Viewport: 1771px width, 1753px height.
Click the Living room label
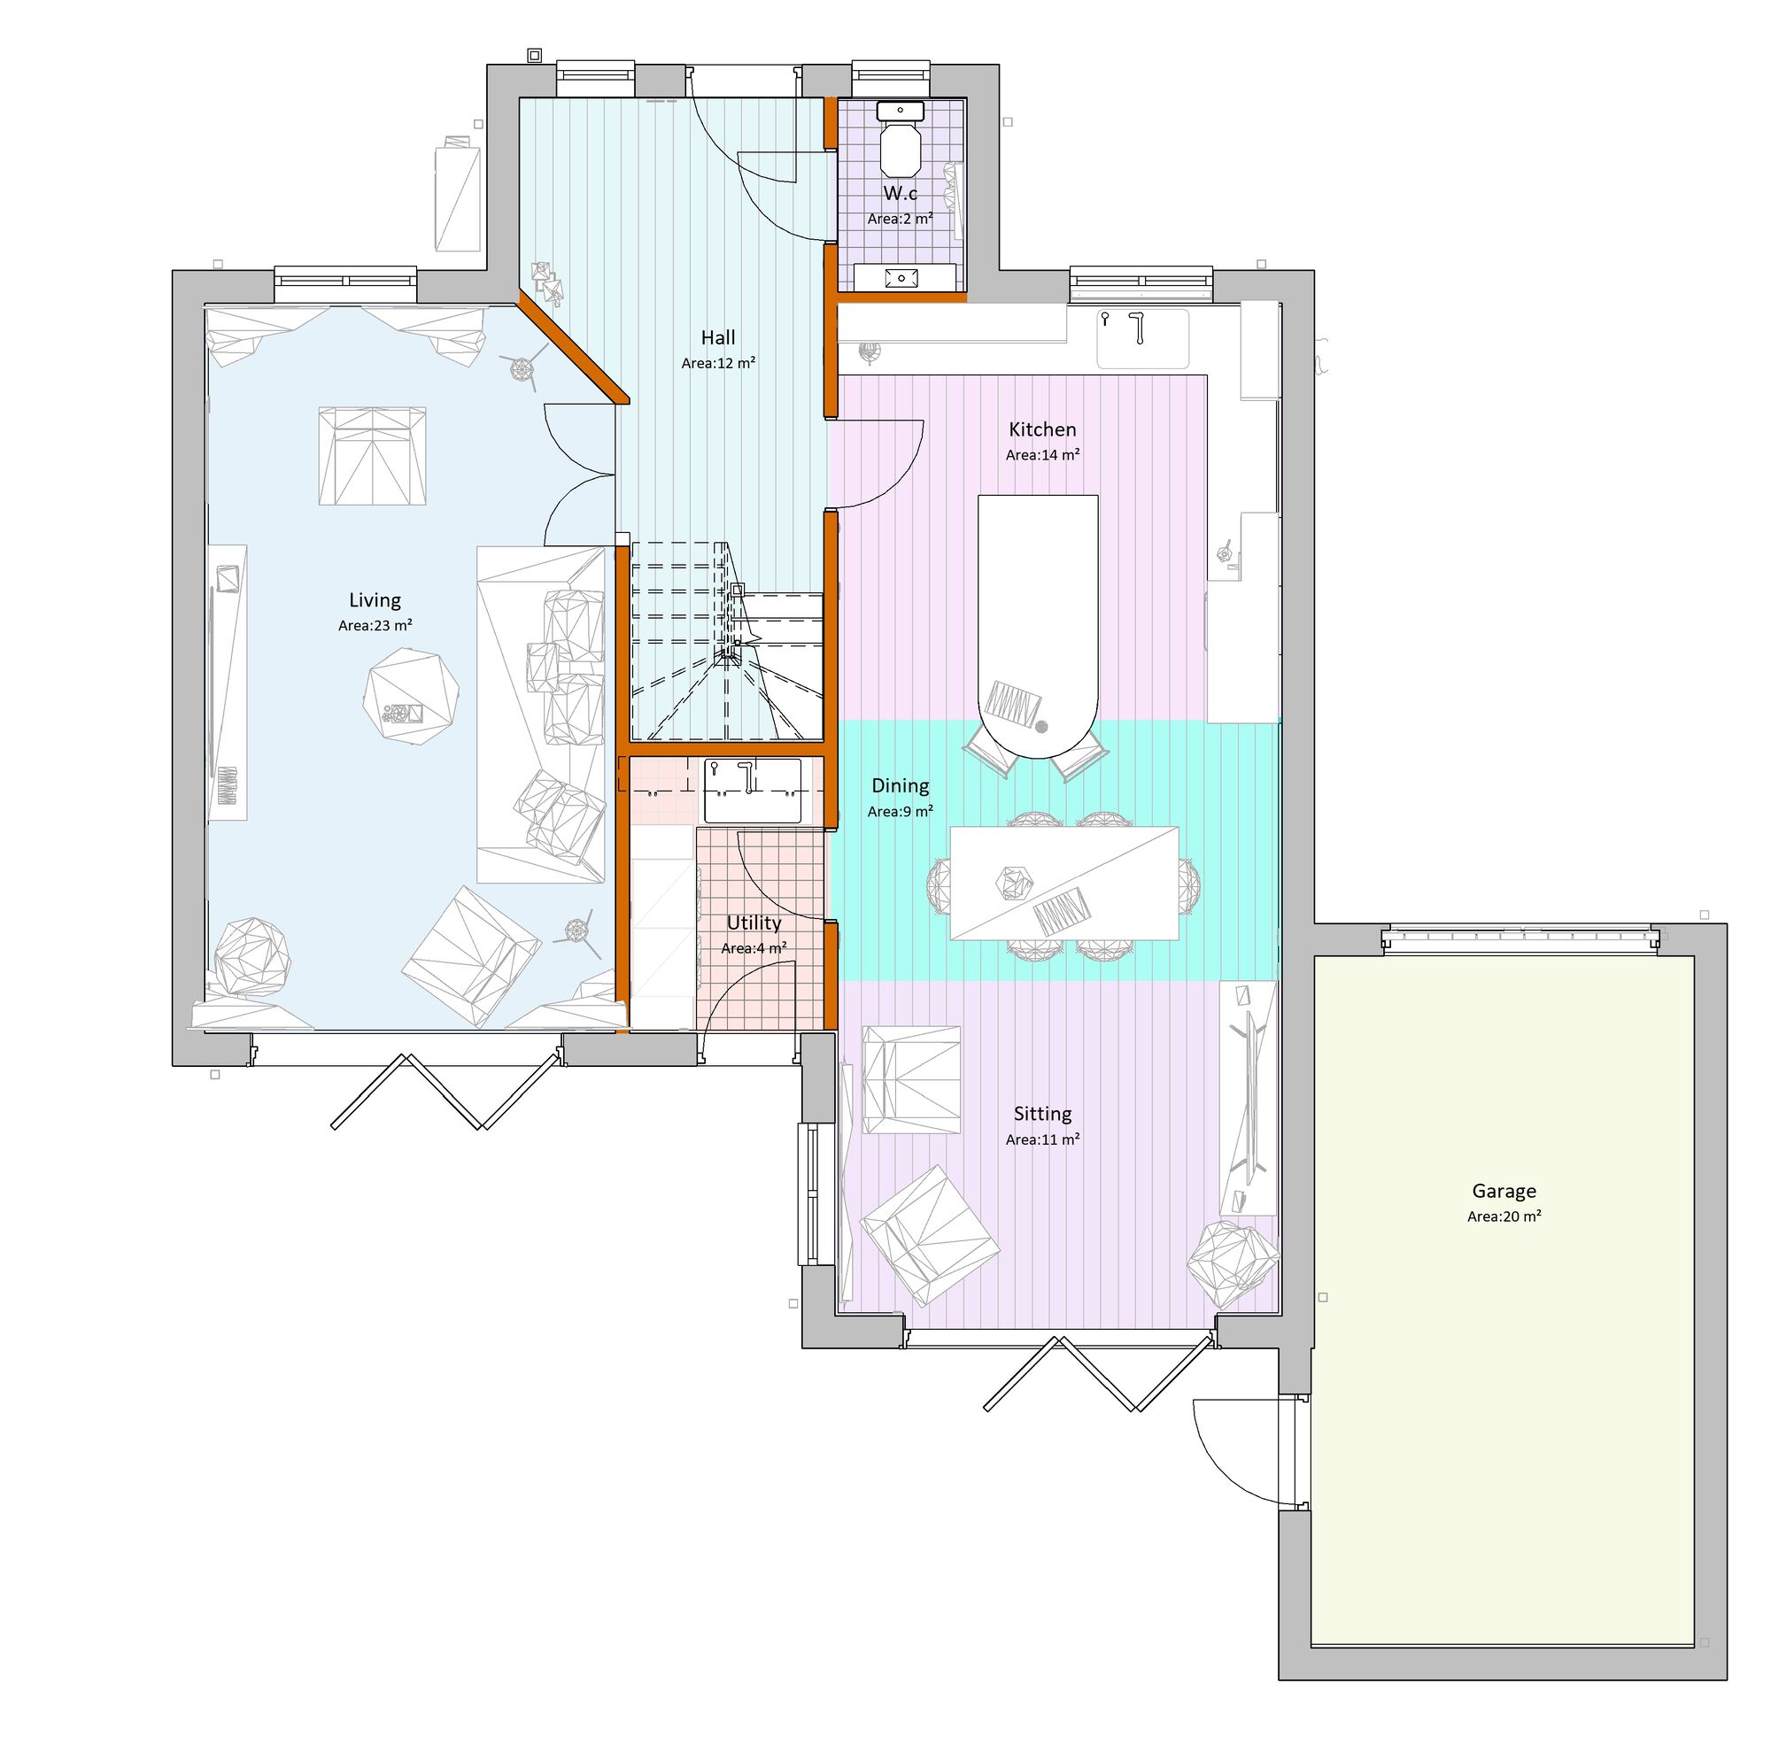tap(374, 600)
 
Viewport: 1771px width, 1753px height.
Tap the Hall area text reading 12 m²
tap(718, 364)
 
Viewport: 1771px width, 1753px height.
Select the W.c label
tap(900, 193)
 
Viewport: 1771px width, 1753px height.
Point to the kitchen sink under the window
tap(1143, 338)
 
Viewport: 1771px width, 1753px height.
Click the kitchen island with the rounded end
tap(1037, 623)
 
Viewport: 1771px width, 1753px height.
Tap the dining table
tap(1063, 883)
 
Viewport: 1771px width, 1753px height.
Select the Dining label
tap(900, 785)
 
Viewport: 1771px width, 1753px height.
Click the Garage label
tap(1504, 1192)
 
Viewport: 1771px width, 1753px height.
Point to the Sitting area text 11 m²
tap(1042, 1140)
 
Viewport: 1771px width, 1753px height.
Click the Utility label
tap(754, 923)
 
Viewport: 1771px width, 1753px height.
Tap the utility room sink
tap(752, 790)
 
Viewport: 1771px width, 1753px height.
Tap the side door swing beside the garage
tap(1238, 1453)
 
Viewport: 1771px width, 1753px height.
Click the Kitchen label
tap(1041, 429)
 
